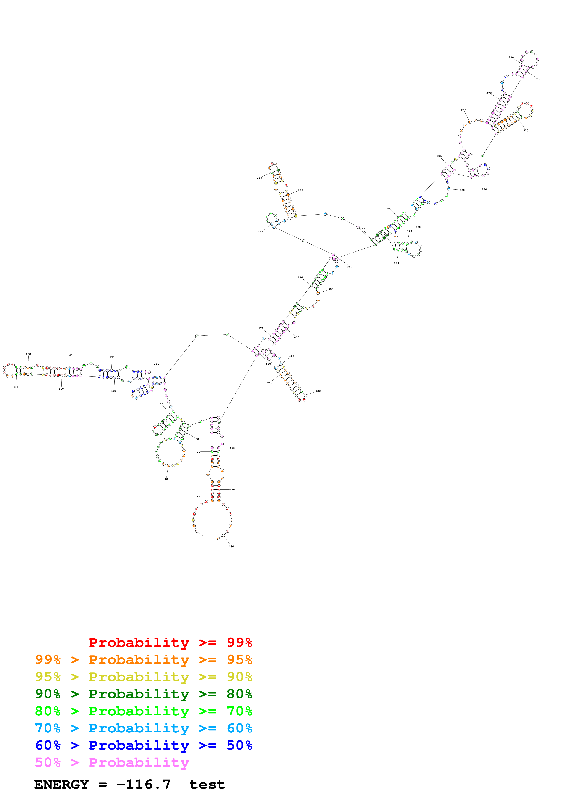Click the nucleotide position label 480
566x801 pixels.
231,546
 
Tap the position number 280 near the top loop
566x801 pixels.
511,58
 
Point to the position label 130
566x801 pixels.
28,354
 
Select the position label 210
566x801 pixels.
259,178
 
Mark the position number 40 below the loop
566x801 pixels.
166,479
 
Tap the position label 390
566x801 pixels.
349,266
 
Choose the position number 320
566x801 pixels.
526,130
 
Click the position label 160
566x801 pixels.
157,364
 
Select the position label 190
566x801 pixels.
261,232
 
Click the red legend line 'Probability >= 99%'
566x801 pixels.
170,642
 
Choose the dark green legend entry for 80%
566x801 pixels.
143,694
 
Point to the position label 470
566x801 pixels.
232,490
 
